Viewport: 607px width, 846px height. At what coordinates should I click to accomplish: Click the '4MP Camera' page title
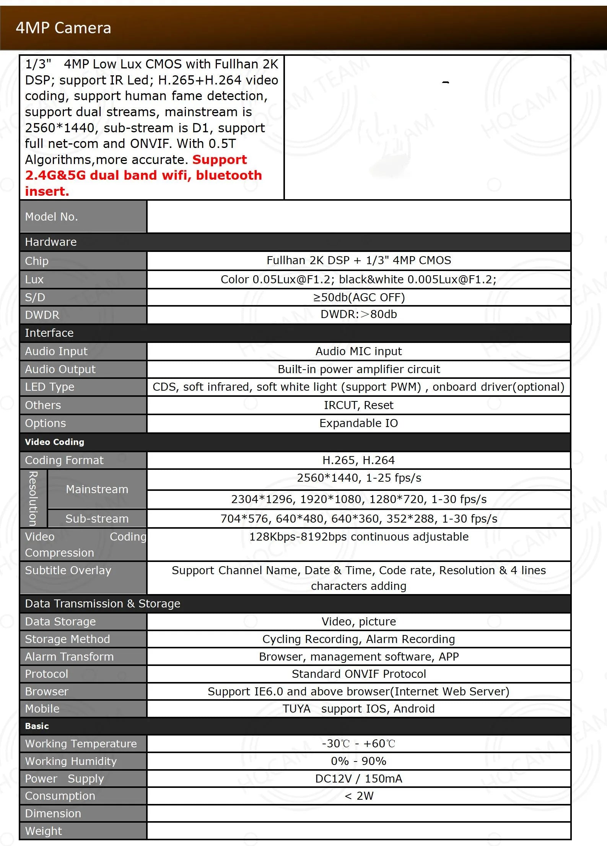coord(63,28)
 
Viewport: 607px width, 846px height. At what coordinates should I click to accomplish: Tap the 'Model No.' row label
coord(51,217)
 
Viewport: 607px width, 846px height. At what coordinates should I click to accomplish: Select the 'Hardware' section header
coord(51,242)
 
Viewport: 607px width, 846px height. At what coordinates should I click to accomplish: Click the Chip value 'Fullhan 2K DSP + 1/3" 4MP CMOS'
coord(358,260)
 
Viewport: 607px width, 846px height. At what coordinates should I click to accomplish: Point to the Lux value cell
coord(358,279)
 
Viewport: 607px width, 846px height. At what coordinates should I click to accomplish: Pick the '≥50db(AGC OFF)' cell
coord(358,297)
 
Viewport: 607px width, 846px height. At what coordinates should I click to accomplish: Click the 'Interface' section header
coord(49,333)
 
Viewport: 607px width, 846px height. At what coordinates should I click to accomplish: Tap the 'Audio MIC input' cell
coord(358,351)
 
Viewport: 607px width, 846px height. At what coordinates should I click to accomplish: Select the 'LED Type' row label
coord(50,387)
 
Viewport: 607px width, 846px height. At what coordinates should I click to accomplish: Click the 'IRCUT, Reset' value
coord(358,405)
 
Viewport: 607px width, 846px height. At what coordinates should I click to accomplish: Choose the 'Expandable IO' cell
coord(358,423)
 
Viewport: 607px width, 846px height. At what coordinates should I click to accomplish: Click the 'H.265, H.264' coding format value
coord(358,460)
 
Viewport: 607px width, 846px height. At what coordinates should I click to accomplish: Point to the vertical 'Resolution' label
coord(33,499)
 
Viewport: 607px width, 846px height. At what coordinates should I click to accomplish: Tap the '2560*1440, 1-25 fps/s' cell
coord(359,478)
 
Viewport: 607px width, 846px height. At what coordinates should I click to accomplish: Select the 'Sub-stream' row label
coord(97,519)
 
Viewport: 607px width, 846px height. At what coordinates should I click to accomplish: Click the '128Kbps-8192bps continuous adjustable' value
coord(358,537)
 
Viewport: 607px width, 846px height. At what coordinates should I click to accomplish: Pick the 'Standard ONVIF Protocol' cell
coord(358,674)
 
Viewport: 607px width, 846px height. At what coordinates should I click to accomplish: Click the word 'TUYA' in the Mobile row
coord(296,709)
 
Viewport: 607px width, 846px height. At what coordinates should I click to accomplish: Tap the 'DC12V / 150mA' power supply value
coord(358,779)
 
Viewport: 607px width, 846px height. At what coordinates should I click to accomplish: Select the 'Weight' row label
coord(43,831)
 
